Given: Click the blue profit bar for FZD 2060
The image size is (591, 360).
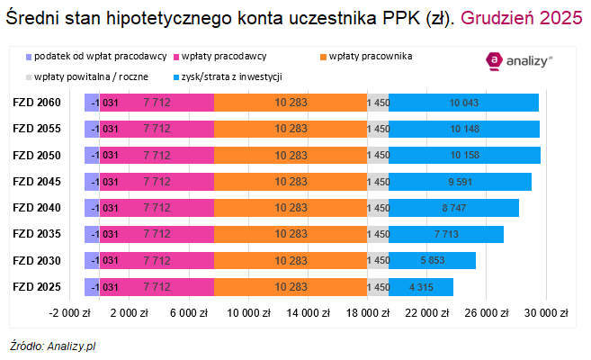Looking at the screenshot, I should [463, 103].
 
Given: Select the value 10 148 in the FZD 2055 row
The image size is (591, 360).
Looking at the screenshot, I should [464, 129].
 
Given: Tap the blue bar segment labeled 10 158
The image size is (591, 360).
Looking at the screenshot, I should [464, 155].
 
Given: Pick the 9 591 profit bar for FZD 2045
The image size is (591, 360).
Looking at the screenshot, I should [460, 182].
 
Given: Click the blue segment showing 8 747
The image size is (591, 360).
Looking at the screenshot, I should [453, 208].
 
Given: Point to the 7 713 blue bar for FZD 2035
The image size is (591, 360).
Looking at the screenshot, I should [446, 234].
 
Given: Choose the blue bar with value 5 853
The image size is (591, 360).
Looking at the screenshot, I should [433, 261].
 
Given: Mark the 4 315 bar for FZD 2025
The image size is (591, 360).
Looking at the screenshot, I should [421, 287].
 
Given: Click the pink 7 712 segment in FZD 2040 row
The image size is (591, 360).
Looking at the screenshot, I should [157, 208].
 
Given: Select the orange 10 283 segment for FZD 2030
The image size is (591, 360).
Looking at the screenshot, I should [291, 261].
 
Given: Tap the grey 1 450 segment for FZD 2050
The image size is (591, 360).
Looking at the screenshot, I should [378, 155].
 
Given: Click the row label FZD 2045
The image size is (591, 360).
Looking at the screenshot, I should [37, 182].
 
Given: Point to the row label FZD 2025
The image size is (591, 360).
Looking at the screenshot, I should [37, 287].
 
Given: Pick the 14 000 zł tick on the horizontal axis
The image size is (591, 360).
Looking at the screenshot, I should [307, 313].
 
